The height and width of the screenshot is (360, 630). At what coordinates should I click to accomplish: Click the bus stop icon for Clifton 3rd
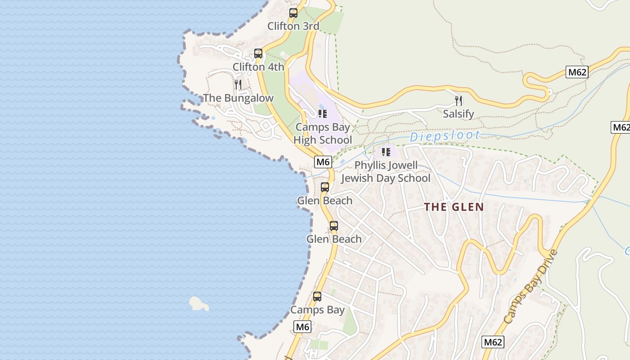[x=293, y=13]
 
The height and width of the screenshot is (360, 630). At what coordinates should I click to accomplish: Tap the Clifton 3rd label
[x=293, y=26]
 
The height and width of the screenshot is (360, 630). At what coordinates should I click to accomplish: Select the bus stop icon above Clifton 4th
[x=258, y=54]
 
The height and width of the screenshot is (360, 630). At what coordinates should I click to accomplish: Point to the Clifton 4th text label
[x=258, y=67]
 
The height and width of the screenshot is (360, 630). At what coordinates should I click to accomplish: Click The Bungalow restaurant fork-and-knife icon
[x=238, y=84]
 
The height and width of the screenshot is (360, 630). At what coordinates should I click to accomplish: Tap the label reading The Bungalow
[x=238, y=98]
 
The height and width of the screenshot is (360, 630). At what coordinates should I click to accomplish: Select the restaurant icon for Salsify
[x=459, y=100]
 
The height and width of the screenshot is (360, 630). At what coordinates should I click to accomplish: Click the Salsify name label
[x=459, y=114]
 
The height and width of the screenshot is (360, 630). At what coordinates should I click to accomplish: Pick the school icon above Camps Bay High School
[x=322, y=113]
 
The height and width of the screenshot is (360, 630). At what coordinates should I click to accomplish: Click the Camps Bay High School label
[x=323, y=134]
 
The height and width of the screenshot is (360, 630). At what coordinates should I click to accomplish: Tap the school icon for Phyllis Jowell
[x=386, y=152]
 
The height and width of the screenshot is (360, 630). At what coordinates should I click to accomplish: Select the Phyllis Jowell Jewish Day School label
[x=386, y=172]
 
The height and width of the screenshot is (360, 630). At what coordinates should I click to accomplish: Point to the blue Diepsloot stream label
[x=445, y=136]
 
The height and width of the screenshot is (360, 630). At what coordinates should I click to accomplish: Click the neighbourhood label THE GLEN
[x=454, y=207]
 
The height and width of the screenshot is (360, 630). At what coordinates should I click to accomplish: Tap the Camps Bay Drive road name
[x=531, y=286]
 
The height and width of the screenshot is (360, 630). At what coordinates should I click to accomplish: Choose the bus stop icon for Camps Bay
[x=317, y=297]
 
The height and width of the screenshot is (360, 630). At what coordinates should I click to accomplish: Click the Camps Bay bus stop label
[x=317, y=310]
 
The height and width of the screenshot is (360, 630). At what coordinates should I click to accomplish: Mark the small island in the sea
[x=198, y=304]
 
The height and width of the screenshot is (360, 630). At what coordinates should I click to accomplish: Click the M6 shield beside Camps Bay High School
[x=323, y=162]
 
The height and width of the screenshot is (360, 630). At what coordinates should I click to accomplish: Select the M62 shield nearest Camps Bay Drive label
[x=492, y=342]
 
